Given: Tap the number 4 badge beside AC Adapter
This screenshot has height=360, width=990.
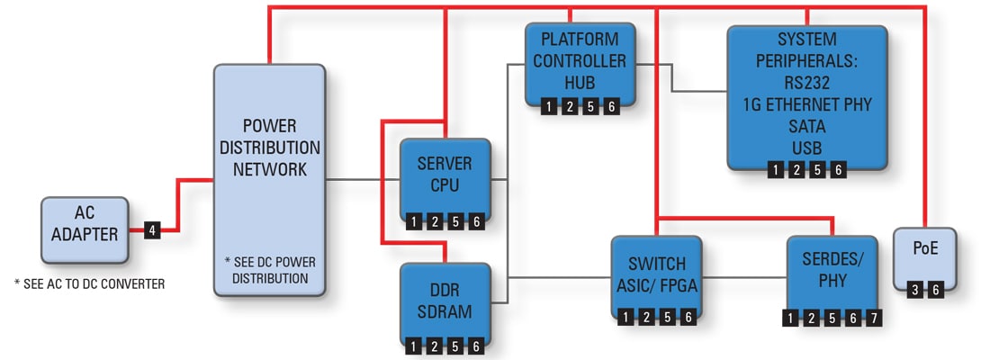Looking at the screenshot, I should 153,231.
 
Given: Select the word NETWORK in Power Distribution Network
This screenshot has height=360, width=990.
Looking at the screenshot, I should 269,168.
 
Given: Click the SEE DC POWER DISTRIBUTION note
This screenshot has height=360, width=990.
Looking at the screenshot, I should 269,269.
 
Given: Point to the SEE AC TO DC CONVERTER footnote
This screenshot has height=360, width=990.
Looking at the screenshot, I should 91,284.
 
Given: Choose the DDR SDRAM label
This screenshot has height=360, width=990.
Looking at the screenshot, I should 445,301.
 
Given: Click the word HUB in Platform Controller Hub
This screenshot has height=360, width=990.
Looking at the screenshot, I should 580,82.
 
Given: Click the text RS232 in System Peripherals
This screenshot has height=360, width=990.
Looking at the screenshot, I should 806,83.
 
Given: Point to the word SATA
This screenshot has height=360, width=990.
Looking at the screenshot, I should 806,126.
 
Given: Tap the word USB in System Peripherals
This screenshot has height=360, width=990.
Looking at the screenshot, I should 806,147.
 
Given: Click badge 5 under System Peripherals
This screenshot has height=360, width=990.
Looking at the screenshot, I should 817,169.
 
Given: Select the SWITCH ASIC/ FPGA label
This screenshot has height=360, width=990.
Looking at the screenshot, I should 655,274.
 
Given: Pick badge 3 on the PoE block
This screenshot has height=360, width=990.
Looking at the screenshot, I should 915,290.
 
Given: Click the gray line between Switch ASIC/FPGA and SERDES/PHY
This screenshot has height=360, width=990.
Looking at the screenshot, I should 743,275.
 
